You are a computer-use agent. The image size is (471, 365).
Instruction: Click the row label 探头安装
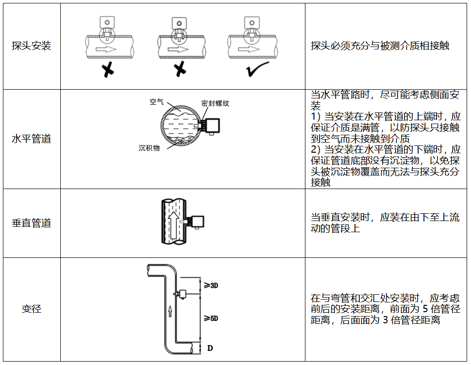click(x=31, y=46)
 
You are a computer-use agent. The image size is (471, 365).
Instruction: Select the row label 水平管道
click(x=31, y=139)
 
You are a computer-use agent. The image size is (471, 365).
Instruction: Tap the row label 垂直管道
click(x=31, y=223)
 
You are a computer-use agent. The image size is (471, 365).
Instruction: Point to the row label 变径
click(x=31, y=308)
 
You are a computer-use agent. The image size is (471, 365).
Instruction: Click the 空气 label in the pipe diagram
click(x=157, y=102)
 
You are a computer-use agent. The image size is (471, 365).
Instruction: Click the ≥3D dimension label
click(x=210, y=286)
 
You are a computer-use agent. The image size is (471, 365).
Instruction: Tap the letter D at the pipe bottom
click(x=210, y=348)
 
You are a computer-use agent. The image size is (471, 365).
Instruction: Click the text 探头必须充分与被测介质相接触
click(x=380, y=46)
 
